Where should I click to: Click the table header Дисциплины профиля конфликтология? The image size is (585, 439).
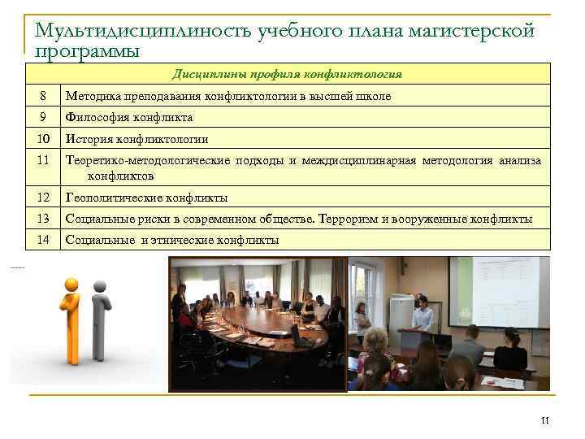(x=287, y=74)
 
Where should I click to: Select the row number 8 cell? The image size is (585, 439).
(x=43, y=96)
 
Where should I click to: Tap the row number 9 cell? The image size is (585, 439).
(x=43, y=117)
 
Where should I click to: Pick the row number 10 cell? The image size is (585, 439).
(x=43, y=138)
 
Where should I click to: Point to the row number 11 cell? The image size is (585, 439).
(x=43, y=160)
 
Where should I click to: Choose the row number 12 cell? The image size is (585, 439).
(x=43, y=197)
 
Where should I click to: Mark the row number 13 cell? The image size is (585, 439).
(x=43, y=219)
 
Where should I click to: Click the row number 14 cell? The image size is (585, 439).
(x=43, y=240)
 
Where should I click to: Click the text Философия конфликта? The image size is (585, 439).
(x=129, y=117)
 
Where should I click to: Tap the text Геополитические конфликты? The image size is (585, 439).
(x=146, y=198)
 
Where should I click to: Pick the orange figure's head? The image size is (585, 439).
(x=71, y=285)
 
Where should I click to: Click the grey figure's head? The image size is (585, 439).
(x=100, y=286)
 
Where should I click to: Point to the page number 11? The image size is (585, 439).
(x=544, y=420)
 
